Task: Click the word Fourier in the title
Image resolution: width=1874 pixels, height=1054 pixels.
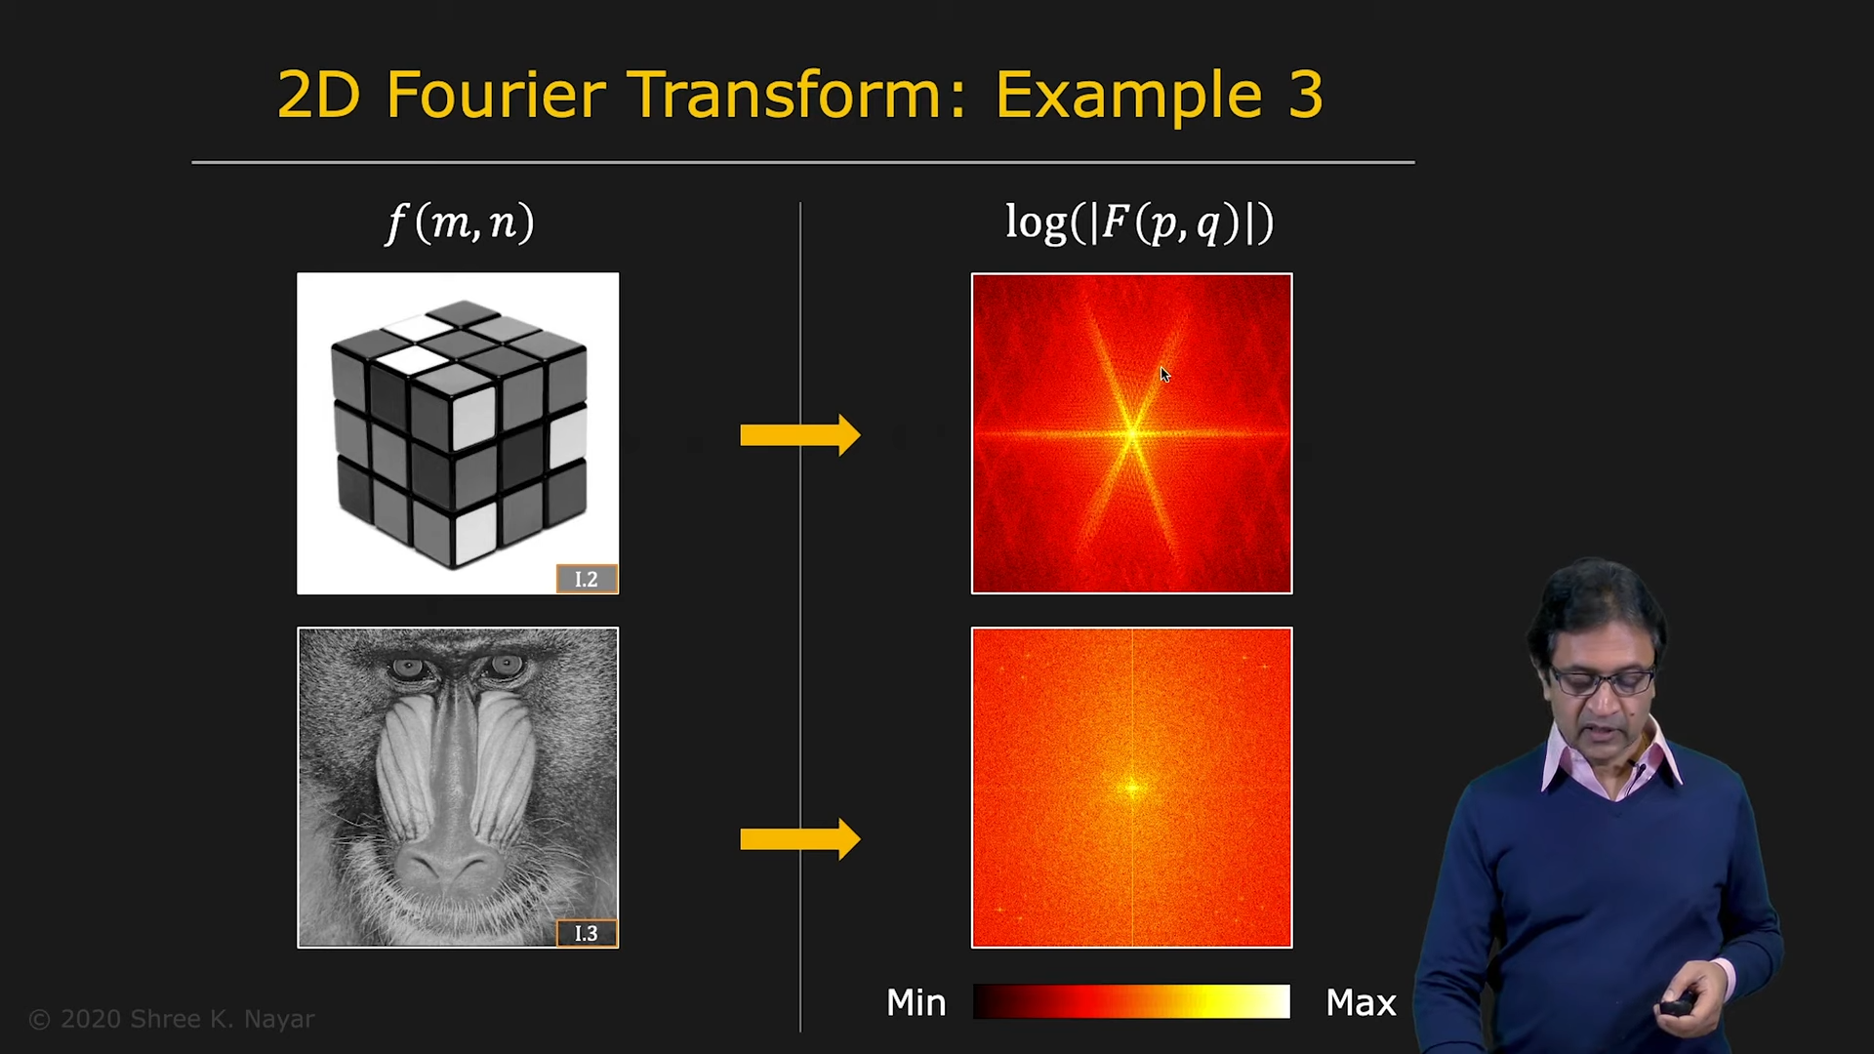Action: pos(496,95)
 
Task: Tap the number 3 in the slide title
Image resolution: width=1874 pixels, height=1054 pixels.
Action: pos(1305,95)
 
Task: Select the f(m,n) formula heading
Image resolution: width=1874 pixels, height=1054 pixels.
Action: pos(460,223)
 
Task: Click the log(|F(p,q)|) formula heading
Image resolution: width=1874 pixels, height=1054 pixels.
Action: pos(1139,223)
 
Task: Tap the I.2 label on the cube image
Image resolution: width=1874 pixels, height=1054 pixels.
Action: pos(587,579)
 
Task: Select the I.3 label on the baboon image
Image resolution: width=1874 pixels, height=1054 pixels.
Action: pos(587,933)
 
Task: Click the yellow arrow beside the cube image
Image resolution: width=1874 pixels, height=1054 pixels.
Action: pos(800,435)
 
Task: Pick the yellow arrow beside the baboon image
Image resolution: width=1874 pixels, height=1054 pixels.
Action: pos(800,839)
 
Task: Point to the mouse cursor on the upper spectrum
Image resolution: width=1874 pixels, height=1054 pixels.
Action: pos(1164,375)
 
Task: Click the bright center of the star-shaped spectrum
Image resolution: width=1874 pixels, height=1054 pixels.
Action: pos(1132,433)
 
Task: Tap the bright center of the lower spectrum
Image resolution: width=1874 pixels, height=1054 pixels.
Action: pos(1132,788)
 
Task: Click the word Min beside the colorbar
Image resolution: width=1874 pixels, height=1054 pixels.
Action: pos(917,1002)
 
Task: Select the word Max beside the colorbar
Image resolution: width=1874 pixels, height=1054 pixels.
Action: pos(1361,1002)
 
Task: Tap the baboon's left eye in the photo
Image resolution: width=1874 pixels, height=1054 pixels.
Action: pos(408,669)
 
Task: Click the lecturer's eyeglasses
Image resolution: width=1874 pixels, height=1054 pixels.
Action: pos(1601,680)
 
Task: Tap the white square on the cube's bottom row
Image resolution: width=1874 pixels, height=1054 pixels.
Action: pos(475,534)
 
